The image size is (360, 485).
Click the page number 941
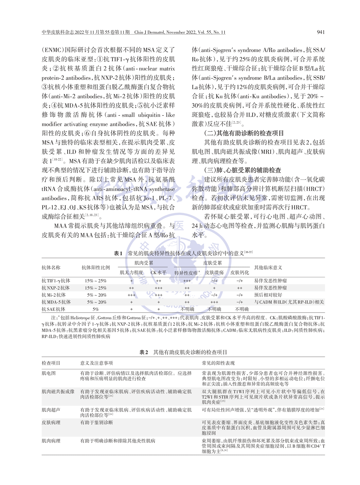pyautogui.click(x=321, y=32)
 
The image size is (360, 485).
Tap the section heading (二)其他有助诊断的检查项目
pyautogui.click(x=244, y=133)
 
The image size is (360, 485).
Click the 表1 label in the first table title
pyautogui.click(x=118, y=253)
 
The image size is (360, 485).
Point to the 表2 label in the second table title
pyautogui.click(x=144, y=352)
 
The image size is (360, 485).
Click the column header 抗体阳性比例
pyautogui.click(x=96, y=267)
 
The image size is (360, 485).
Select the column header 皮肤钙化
pyautogui.click(x=240, y=272)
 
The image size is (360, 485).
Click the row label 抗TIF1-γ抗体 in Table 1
pyautogui.click(x=56, y=281)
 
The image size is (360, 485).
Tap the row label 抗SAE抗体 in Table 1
pyautogui.click(x=53, y=309)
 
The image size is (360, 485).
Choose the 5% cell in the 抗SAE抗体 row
pyautogui.click(x=96, y=309)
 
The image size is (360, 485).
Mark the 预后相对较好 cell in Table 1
pyautogui.click(x=268, y=295)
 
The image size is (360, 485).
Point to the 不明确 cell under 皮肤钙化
pyautogui.click(x=242, y=309)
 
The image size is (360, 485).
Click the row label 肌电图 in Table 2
pyautogui.click(x=49, y=373)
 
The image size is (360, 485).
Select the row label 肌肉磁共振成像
pyautogui.click(x=58, y=391)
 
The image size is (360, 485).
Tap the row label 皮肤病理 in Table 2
pyautogui.click(x=51, y=422)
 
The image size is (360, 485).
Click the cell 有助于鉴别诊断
pyautogui.click(x=97, y=422)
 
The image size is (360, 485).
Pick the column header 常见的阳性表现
pyautogui.click(x=218, y=363)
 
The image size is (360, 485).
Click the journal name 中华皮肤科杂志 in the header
pyautogui.click(x=58, y=32)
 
